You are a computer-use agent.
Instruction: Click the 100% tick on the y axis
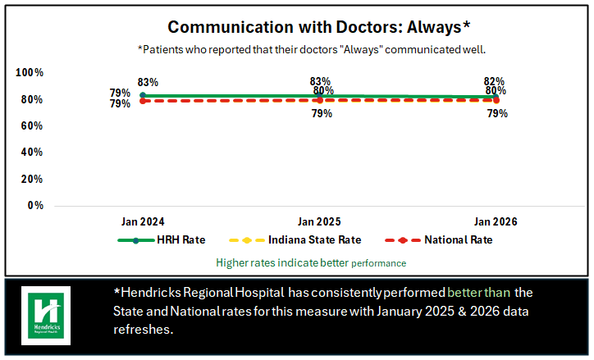click(x=30, y=73)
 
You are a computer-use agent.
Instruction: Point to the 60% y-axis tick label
click(x=30, y=126)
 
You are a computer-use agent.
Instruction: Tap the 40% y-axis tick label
click(x=30, y=153)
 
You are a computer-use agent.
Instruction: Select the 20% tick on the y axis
click(x=30, y=179)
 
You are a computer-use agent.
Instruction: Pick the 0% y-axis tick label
click(x=35, y=205)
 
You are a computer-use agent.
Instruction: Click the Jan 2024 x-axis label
click(x=143, y=222)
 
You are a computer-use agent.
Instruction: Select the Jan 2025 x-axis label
click(x=319, y=222)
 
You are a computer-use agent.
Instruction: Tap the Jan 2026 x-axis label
click(x=496, y=222)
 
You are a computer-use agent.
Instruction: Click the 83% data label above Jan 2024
click(x=148, y=83)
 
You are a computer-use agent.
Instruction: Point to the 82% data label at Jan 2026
click(x=495, y=81)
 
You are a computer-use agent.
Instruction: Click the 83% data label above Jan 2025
click(x=320, y=81)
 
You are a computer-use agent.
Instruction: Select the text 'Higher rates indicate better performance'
click(x=311, y=263)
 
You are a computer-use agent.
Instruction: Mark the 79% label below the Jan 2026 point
click(x=497, y=114)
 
